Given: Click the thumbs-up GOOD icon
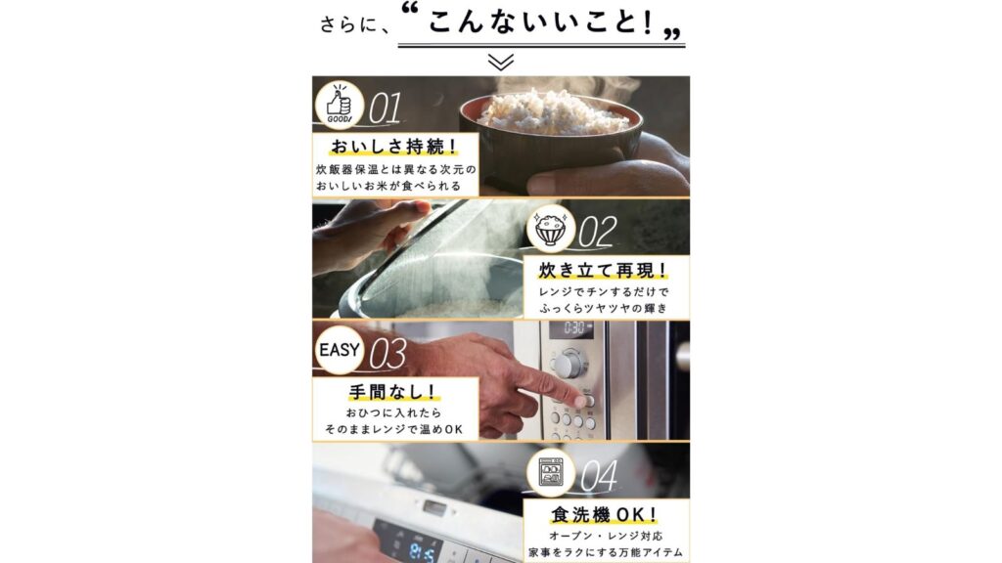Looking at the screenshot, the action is click(340, 105).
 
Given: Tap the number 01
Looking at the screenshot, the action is click(386, 108).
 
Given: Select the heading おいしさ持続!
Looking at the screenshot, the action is click(394, 147).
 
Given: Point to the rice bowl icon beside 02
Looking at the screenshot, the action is click(551, 229).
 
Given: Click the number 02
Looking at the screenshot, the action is click(598, 232).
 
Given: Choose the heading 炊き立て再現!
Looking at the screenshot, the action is click(604, 271).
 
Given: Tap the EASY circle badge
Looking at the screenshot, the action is click(340, 350).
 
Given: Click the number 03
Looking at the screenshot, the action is click(387, 354).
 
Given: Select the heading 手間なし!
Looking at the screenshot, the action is click(393, 391).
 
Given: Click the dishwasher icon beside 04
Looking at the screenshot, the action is click(551, 473).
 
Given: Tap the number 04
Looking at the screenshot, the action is click(600, 477).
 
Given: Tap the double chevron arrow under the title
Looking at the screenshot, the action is click(501, 62).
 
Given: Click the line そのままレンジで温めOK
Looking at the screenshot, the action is click(393, 430).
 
